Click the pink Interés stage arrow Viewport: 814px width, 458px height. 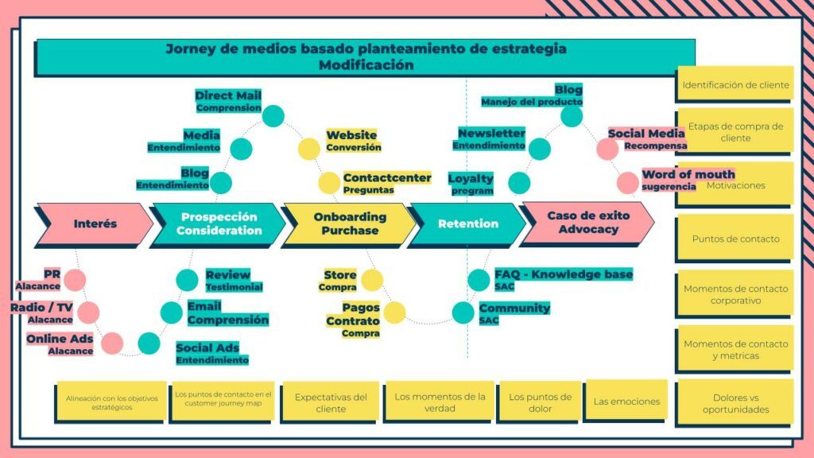pos(95,223)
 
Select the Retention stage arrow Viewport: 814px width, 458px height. pos(467,223)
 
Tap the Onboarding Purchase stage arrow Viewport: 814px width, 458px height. pos(349,223)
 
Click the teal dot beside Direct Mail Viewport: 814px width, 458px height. pos(273,116)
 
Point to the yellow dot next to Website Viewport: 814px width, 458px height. pos(309,149)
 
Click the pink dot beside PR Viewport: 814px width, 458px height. pos(75,279)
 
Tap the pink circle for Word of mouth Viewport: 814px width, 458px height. pos(627,183)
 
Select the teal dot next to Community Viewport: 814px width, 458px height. pos(463,312)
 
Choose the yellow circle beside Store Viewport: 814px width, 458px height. pos(372,280)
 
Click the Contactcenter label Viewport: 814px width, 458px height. pos(387,178)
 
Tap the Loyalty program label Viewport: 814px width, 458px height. pos(471,184)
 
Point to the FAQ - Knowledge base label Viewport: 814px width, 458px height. pos(564,274)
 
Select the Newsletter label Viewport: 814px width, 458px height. pos(491,133)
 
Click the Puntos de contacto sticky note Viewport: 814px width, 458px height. pos(735,238)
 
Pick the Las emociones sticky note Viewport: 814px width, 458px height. pos(626,402)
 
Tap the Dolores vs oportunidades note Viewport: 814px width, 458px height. pos(735,403)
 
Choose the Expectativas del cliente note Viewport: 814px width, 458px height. pos(331,402)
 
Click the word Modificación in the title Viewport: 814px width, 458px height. pos(366,65)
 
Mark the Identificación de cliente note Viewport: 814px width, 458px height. pos(735,84)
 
